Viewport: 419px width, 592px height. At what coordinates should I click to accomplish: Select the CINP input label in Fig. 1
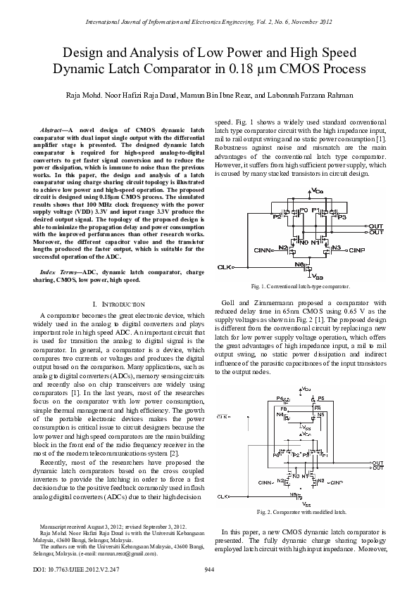[357, 269]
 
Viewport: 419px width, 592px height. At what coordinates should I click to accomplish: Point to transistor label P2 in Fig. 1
[257, 217]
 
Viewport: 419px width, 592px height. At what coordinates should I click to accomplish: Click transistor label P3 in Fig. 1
[342, 217]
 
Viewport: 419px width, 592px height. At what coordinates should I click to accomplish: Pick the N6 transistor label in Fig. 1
[299, 284]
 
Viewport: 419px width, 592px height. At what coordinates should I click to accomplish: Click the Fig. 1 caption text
[300, 307]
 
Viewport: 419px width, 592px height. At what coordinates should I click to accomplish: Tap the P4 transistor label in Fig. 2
[280, 399]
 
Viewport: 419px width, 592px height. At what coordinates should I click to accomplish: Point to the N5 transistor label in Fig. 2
[322, 415]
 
